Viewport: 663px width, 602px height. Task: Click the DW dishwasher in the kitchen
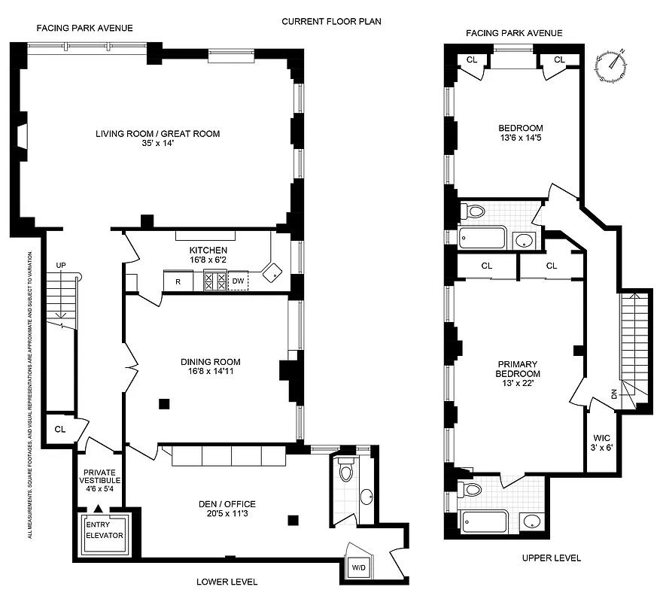click(238, 281)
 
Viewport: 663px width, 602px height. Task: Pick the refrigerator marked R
click(178, 281)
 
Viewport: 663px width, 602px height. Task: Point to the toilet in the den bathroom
click(345, 470)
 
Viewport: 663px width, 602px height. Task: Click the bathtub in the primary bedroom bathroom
click(485, 521)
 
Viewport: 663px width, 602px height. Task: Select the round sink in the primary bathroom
click(532, 521)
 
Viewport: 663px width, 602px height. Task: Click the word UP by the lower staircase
click(62, 265)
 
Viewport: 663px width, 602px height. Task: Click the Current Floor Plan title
click(331, 21)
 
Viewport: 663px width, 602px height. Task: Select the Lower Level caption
click(227, 582)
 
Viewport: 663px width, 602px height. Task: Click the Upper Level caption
click(549, 558)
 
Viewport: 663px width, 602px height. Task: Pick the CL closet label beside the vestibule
click(60, 430)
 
